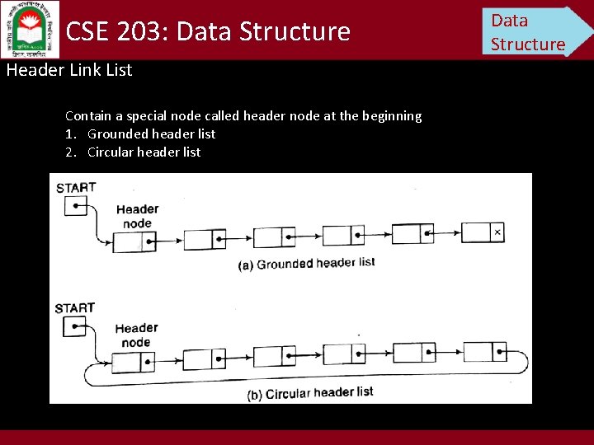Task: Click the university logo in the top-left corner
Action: pos(31,29)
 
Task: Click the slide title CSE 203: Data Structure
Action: pos(208,31)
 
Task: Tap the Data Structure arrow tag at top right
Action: pos(532,31)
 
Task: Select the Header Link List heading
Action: pos(69,70)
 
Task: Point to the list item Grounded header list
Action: pos(151,133)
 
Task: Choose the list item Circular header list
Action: pos(144,152)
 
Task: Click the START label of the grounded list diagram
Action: pos(76,187)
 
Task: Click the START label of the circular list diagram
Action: pos(75,308)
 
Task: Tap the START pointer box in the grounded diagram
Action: pos(75,206)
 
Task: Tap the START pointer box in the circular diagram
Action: pos(74,327)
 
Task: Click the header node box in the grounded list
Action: pos(134,241)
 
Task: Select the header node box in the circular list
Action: pos(134,363)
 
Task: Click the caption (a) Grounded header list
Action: pos(306,264)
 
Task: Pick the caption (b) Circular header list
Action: pos(310,393)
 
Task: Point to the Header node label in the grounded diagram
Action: pos(137,216)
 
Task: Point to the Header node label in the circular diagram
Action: pos(136,335)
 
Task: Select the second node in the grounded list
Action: pos(205,239)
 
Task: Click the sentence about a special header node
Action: pos(243,116)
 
